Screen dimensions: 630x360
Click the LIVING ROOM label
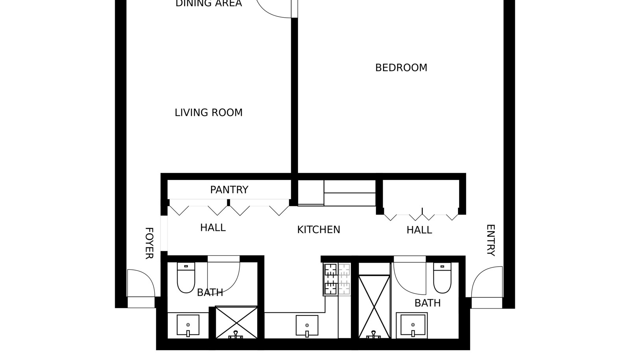pyautogui.click(x=208, y=113)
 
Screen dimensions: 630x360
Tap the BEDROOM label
pyautogui.click(x=401, y=68)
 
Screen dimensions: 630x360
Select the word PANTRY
pyautogui.click(x=229, y=190)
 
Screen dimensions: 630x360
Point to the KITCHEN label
pyautogui.click(x=319, y=230)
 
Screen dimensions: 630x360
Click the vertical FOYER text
pyautogui.click(x=149, y=243)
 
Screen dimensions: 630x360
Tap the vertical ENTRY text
pyautogui.click(x=491, y=241)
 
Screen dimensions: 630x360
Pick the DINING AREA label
pyautogui.click(x=208, y=4)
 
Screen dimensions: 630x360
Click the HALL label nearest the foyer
pyautogui.click(x=213, y=228)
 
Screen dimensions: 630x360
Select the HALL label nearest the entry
pyautogui.click(x=419, y=230)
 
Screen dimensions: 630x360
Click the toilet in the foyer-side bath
pyautogui.click(x=186, y=278)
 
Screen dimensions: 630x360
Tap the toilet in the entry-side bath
pyautogui.click(x=442, y=278)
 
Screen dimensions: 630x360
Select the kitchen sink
pyautogui.click(x=307, y=326)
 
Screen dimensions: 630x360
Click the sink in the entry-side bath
pyautogui.click(x=413, y=326)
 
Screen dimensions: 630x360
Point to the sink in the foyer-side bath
pyautogui.click(x=188, y=325)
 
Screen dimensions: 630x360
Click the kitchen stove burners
pyautogui.click(x=337, y=279)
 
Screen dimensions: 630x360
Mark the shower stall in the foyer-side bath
pyautogui.click(x=236, y=322)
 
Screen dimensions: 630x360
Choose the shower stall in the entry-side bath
pyautogui.click(x=374, y=307)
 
